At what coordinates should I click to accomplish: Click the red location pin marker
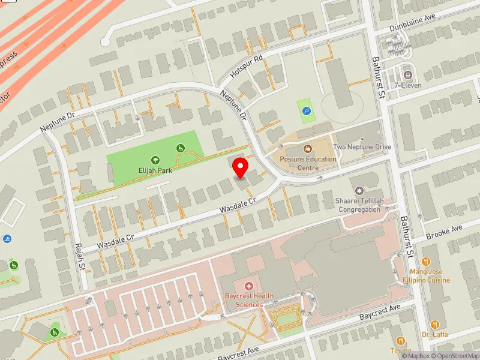click(x=241, y=167)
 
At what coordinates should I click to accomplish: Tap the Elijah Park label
click(x=155, y=170)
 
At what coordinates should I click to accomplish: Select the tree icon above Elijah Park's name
click(x=155, y=160)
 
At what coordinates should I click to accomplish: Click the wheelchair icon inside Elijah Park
click(x=179, y=148)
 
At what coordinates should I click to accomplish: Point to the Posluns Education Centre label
click(x=308, y=163)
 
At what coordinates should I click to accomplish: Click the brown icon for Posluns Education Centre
click(x=308, y=148)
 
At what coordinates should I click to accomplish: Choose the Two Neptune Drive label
click(x=362, y=147)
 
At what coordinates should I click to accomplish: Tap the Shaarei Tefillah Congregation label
click(x=360, y=205)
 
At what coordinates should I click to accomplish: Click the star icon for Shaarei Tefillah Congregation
click(x=361, y=190)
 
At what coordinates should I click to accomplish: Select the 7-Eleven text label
click(x=408, y=85)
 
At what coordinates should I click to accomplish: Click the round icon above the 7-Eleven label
click(x=408, y=75)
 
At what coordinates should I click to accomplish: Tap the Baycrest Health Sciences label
click(x=250, y=300)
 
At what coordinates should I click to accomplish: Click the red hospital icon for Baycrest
click(x=249, y=287)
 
